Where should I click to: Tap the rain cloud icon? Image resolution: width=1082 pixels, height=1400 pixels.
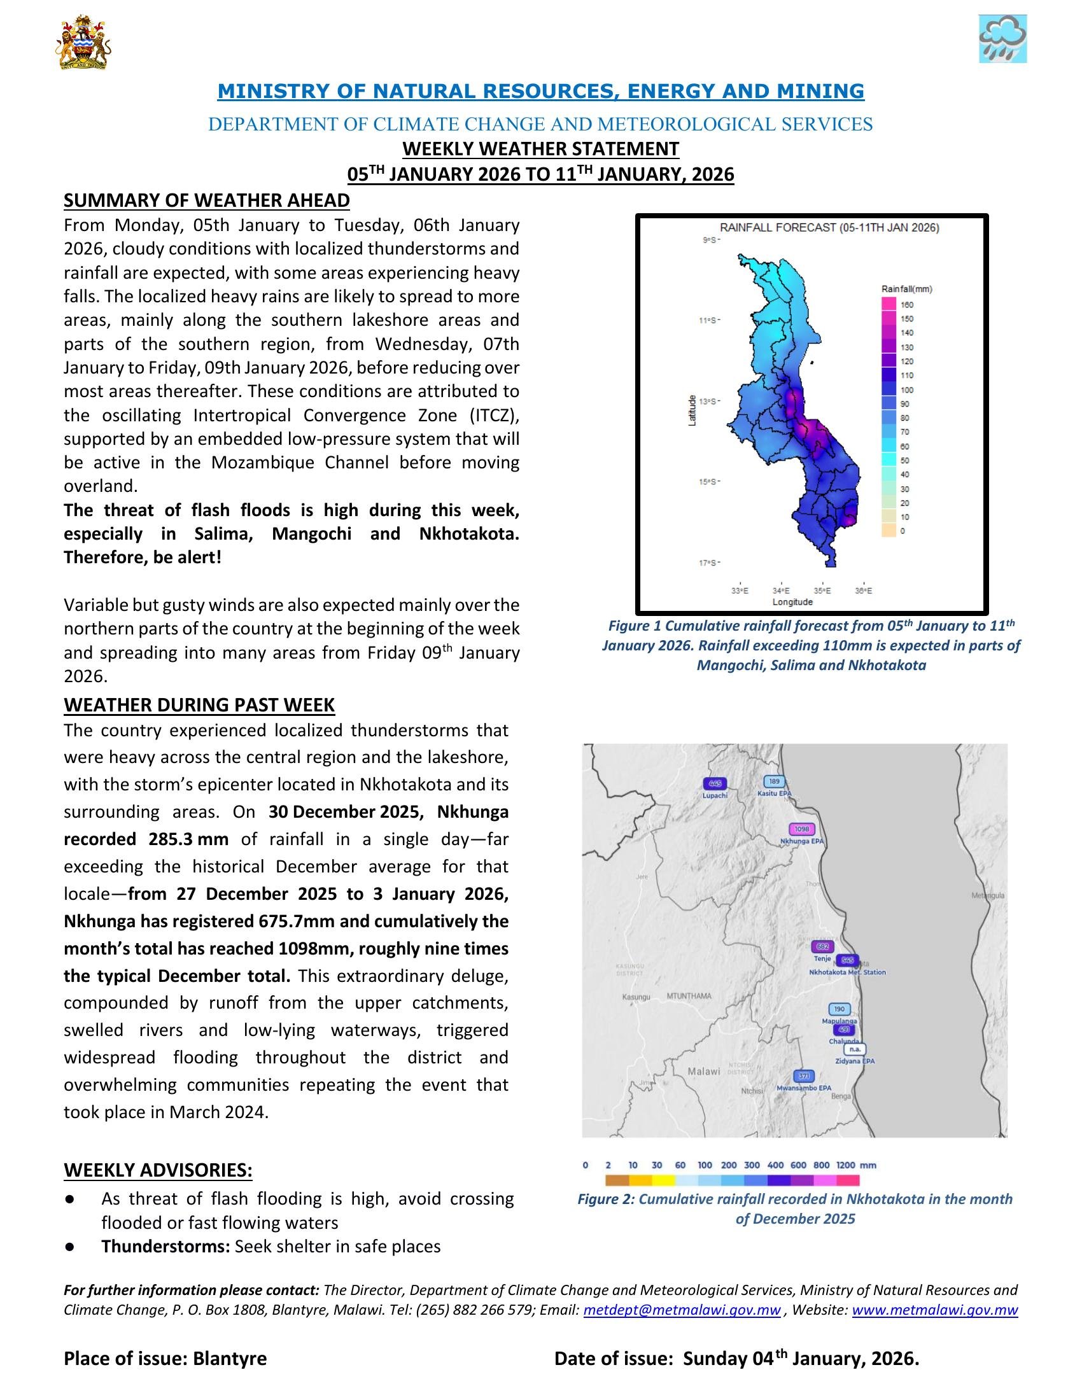point(1002,39)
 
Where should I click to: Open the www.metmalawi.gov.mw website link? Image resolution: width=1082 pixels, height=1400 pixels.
point(934,1310)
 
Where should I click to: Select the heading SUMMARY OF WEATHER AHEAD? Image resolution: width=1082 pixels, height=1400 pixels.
point(206,200)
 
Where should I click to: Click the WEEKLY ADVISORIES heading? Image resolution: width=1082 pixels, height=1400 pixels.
point(158,1170)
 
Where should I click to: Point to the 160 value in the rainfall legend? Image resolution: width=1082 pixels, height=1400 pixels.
point(907,304)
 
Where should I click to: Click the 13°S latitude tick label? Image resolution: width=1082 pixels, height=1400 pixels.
point(708,402)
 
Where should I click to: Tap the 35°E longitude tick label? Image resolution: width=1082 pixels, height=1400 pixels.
point(822,591)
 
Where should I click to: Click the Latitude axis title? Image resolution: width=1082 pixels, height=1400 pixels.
point(692,411)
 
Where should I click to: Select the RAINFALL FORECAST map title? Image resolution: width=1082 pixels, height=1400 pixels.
point(829,228)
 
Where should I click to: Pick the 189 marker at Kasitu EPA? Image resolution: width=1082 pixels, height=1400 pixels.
point(775,781)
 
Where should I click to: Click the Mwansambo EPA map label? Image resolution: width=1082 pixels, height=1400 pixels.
point(803,1088)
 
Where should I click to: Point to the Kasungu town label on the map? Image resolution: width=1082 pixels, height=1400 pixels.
point(636,997)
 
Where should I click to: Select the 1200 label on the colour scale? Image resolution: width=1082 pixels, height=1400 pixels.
point(846,1165)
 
